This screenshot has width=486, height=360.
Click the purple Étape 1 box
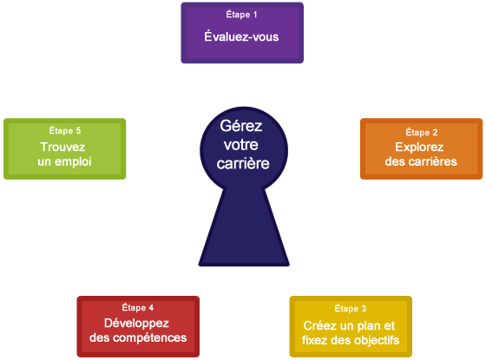coord(241,32)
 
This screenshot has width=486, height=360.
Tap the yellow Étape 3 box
coord(351,326)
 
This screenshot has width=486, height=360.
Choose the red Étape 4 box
coord(137,326)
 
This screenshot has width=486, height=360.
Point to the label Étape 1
coord(241,15)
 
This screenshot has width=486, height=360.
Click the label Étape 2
coord(421,132)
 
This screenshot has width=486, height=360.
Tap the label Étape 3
coord(351,308)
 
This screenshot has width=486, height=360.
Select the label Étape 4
coord(138,308)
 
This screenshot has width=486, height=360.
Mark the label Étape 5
coord(65,131)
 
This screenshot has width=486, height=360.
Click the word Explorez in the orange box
coord(421,147)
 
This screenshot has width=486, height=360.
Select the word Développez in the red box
coord(138,323)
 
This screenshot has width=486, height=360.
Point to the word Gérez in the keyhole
coord(241,126)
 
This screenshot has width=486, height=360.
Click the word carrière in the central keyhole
coord(242,162)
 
